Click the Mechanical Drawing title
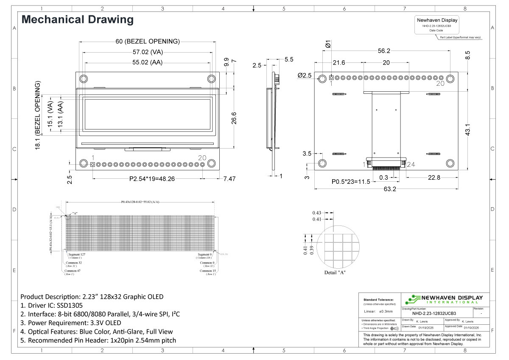[77, 20]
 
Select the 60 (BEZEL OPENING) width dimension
[148, 42]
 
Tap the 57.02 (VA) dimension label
[148, 52]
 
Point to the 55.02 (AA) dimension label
[148, 63]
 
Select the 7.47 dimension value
[229, 179]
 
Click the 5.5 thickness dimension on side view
[289, 60]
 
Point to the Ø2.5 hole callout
[305, 75]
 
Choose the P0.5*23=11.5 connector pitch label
[351, 182]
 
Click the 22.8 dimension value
[433, 177]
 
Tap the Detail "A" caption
[335, 272]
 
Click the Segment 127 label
[77, 254]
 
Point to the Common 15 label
[208, 270]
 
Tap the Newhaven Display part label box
[437, 25]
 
